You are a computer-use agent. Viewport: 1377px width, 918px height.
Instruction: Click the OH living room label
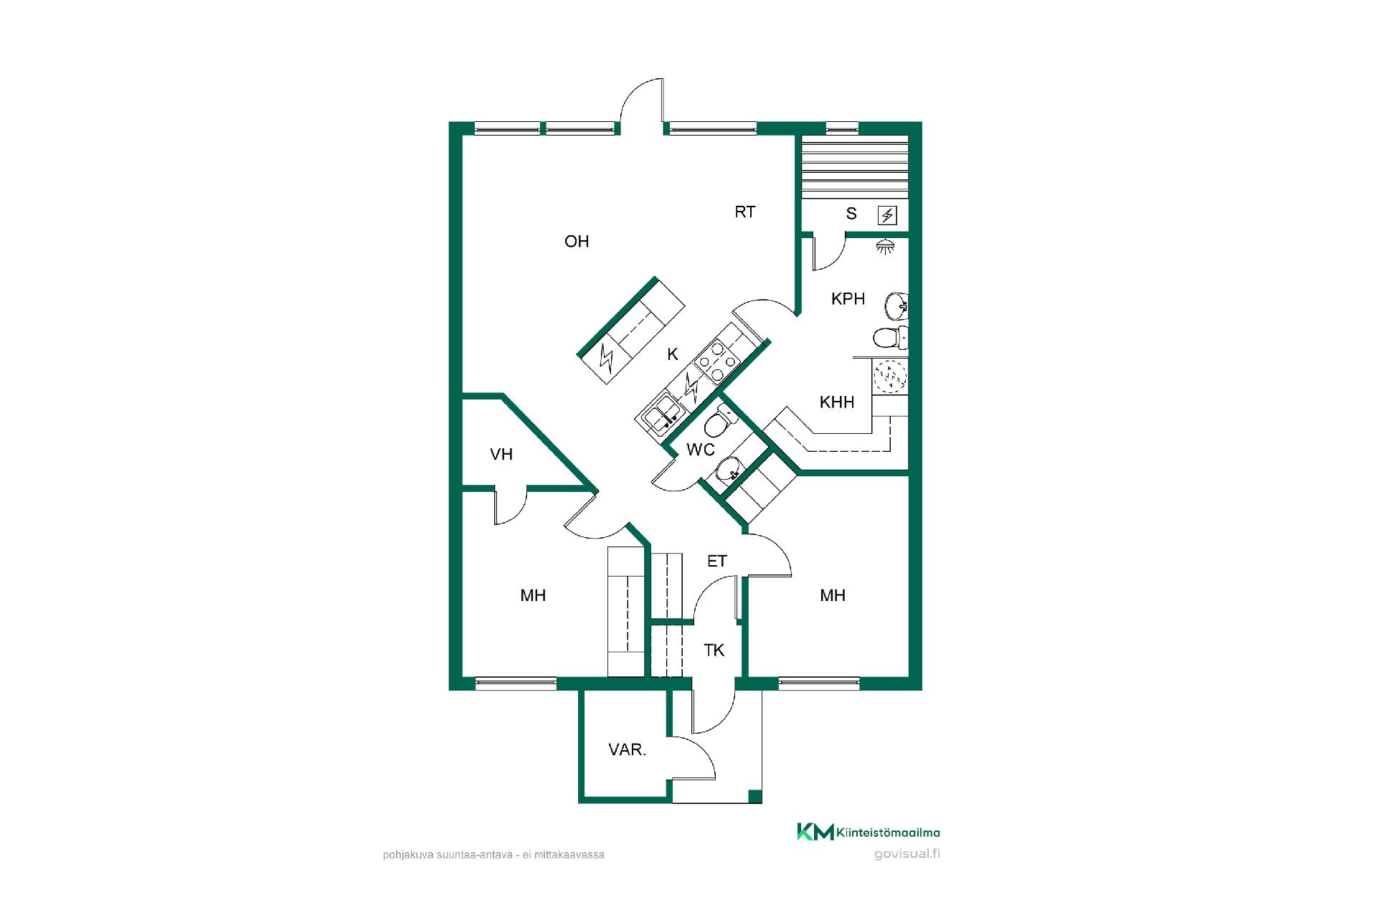coord(577,242)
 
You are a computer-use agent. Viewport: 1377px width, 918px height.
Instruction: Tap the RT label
coord(745,212)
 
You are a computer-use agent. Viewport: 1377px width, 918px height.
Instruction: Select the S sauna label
coord(851,214)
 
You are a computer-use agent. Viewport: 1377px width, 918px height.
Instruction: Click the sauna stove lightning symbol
coord(888,215)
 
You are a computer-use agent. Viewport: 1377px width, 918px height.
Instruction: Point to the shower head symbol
coord(886,247)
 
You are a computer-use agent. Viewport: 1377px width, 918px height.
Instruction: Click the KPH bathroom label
coord(848,299)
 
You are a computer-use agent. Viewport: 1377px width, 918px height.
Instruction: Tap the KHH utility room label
coord(837,402)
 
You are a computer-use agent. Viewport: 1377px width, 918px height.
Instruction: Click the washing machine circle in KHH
coord(889,377)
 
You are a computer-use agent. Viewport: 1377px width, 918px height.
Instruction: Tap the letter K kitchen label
coord(673,354)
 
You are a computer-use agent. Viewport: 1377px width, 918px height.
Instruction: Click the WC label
coord(701,450)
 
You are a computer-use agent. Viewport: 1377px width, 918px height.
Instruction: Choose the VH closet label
coord(501,455)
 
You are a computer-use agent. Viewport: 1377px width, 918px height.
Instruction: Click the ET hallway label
coord(717,562)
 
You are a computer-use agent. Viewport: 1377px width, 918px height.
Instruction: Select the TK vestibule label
coord(714,650)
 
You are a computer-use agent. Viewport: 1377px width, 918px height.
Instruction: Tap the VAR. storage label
coord(628,750)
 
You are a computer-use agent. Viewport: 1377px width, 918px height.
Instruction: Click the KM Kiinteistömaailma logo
coord(869,832)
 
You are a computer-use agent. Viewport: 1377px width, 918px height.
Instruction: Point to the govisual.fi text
coord(907,853)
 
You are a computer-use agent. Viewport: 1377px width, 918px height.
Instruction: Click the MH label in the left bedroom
coord(533,595)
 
